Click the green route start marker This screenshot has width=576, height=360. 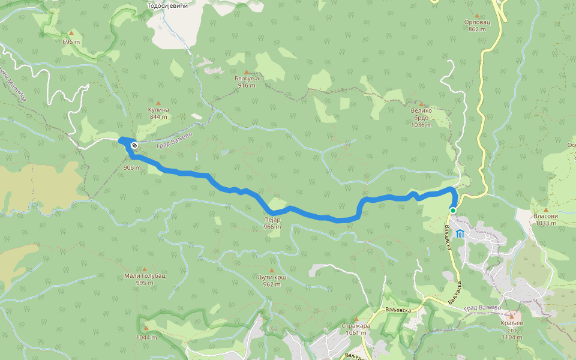453,210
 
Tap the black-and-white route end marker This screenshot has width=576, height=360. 134,145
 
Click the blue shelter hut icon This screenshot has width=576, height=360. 460,233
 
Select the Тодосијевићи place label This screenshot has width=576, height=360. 168,5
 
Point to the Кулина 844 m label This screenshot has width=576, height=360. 158,113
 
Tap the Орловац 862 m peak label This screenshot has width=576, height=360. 476,25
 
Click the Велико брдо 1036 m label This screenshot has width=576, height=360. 422,118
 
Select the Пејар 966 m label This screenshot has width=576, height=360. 272,223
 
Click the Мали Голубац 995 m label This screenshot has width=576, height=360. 145,278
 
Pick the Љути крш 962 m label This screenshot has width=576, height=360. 272,281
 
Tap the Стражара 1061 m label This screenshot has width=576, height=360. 356,329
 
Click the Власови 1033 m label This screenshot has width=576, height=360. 545,219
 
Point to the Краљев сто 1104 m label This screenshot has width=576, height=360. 512,329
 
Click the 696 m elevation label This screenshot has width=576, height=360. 71,42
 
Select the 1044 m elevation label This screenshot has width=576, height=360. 146,337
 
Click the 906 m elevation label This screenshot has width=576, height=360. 131,167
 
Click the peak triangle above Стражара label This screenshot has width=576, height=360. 356,319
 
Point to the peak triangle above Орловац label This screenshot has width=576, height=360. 477,16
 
